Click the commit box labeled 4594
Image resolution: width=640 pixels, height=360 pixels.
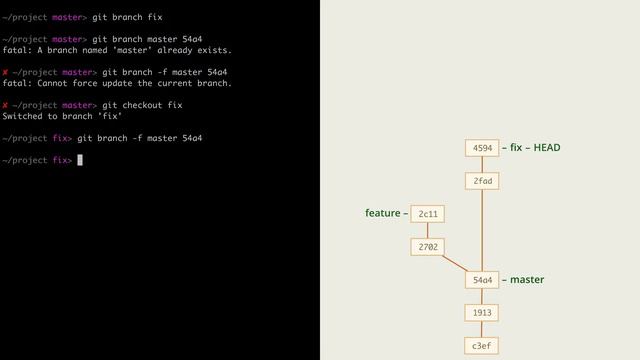click(482, 148)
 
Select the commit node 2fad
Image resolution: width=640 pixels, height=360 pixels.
click(482, 181)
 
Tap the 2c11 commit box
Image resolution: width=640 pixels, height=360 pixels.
click(428, 214)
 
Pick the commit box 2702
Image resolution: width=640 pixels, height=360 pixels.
click(428, 246)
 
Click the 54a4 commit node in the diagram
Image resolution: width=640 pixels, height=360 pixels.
click(482, 280)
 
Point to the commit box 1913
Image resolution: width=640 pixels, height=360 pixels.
click(482, 313)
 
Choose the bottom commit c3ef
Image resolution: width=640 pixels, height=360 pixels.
click(482, 346)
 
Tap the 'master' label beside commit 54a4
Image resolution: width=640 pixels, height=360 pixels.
click(527, 280)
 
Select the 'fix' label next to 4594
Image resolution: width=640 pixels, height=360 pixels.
click(516, 148)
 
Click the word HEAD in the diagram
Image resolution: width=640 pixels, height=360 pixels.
click(547, 148)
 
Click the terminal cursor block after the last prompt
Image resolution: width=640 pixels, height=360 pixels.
click(80, 160)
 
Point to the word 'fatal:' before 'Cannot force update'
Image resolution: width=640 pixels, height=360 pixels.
click(17, 83)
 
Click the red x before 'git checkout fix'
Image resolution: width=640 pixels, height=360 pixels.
click(5, 105)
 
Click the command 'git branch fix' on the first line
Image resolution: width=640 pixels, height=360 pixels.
click(127, 17)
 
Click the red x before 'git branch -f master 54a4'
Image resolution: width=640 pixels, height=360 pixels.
click(5, 72)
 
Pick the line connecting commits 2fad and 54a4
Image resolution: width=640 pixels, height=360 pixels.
click(482, 230)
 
